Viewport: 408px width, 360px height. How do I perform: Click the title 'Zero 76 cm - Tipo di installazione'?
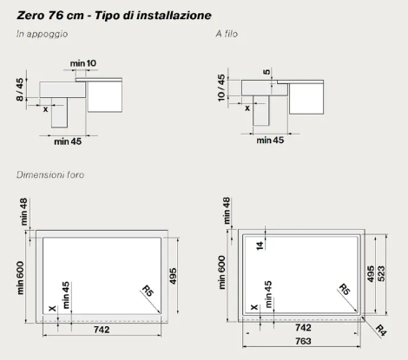(x=114, y=16)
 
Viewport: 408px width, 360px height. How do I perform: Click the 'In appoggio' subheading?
(x=42, y=34)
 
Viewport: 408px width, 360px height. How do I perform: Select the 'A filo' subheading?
(x=227, y=34)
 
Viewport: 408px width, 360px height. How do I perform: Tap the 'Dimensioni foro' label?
(x=50, y=174)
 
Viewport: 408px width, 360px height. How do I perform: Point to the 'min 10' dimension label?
(x=83, y=63)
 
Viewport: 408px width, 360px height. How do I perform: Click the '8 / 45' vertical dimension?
(x=20, y=89)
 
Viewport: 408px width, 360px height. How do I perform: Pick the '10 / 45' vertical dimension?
(x=221, y=88)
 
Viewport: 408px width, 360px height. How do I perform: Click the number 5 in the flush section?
(x=267, y=71)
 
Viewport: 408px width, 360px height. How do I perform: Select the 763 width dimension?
(x=303, y=341)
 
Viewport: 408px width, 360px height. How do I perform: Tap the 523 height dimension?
(x=381, y=274)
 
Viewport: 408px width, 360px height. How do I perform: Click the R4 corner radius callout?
(x=381, y=331)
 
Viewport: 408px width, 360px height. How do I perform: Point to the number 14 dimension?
(x=260, y=245)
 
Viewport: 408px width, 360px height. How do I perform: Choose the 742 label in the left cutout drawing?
(x=102, y=330)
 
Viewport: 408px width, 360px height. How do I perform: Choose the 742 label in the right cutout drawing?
(x=303, y=328)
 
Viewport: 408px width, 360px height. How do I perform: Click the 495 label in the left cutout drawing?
(x=173, y=276)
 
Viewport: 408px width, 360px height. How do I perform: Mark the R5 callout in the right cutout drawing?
(x=345, y=289)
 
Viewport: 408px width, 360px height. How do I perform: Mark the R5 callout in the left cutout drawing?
(x=148, y=291)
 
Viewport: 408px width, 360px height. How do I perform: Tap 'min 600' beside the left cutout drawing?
(x=20, y=278)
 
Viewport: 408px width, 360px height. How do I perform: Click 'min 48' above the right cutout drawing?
(x=227, y=211)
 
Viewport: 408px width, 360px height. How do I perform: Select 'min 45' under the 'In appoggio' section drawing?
(x=68, y=141)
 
